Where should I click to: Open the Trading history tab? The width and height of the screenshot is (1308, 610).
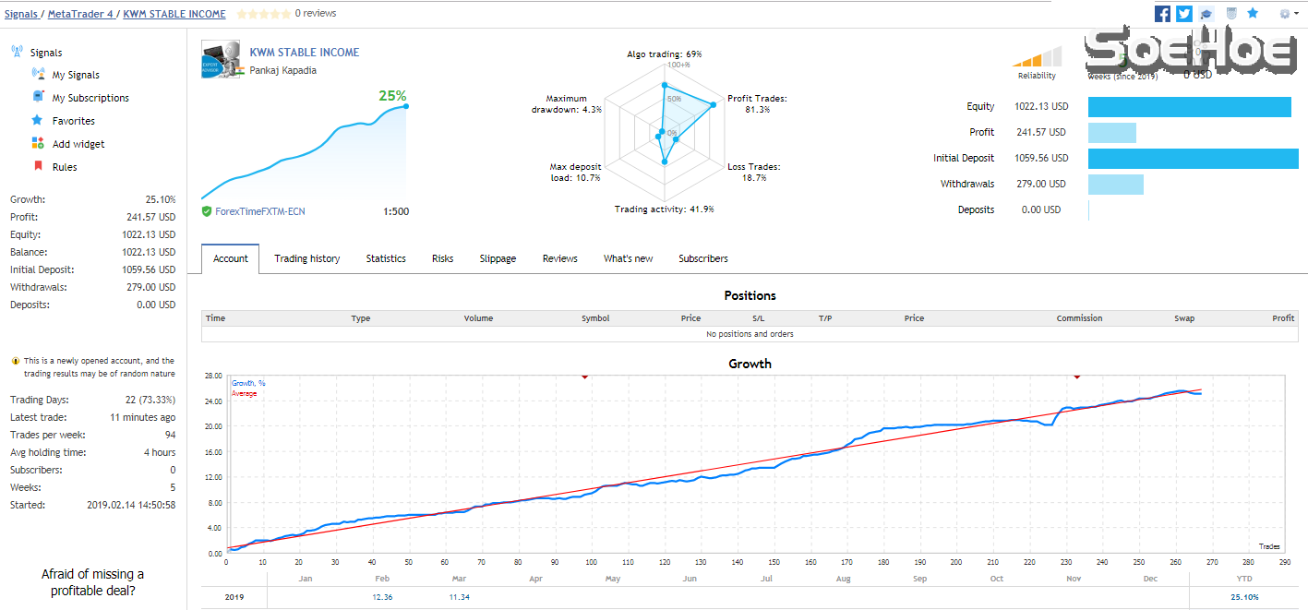pos(306,259)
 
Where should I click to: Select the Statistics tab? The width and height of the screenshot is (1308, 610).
pos(386,259)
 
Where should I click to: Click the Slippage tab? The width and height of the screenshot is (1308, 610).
pos(498,259)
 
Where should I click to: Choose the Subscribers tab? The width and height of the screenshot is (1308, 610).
pos(702,259)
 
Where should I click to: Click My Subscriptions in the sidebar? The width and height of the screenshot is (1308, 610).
pos(90,98)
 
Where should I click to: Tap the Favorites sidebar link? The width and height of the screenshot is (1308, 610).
pos(73,121)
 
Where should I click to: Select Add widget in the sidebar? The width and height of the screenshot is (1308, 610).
pos(78,144)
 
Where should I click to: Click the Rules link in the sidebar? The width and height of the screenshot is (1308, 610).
pos(65,167)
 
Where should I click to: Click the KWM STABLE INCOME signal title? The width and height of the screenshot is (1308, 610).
pos(305,53)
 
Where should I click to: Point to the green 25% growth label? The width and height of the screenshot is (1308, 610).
pos(392,96)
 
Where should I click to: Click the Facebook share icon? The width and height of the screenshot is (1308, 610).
pos(1163,14)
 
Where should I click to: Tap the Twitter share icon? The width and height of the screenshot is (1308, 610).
pos(1184,14)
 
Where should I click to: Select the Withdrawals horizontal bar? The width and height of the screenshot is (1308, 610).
pos(1115,184)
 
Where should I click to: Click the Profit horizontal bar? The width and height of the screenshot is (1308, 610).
pos(1111,132)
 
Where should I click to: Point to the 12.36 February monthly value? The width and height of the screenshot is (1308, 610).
pos(382,597)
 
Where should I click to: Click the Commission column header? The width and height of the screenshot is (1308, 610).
pos(1079,318)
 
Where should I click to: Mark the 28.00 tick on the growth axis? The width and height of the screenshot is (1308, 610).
pos(213,377)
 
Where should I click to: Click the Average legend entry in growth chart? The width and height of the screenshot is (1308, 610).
pos(244,394)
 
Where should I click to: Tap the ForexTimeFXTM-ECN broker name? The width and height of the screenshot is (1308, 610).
pos(259,211)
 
